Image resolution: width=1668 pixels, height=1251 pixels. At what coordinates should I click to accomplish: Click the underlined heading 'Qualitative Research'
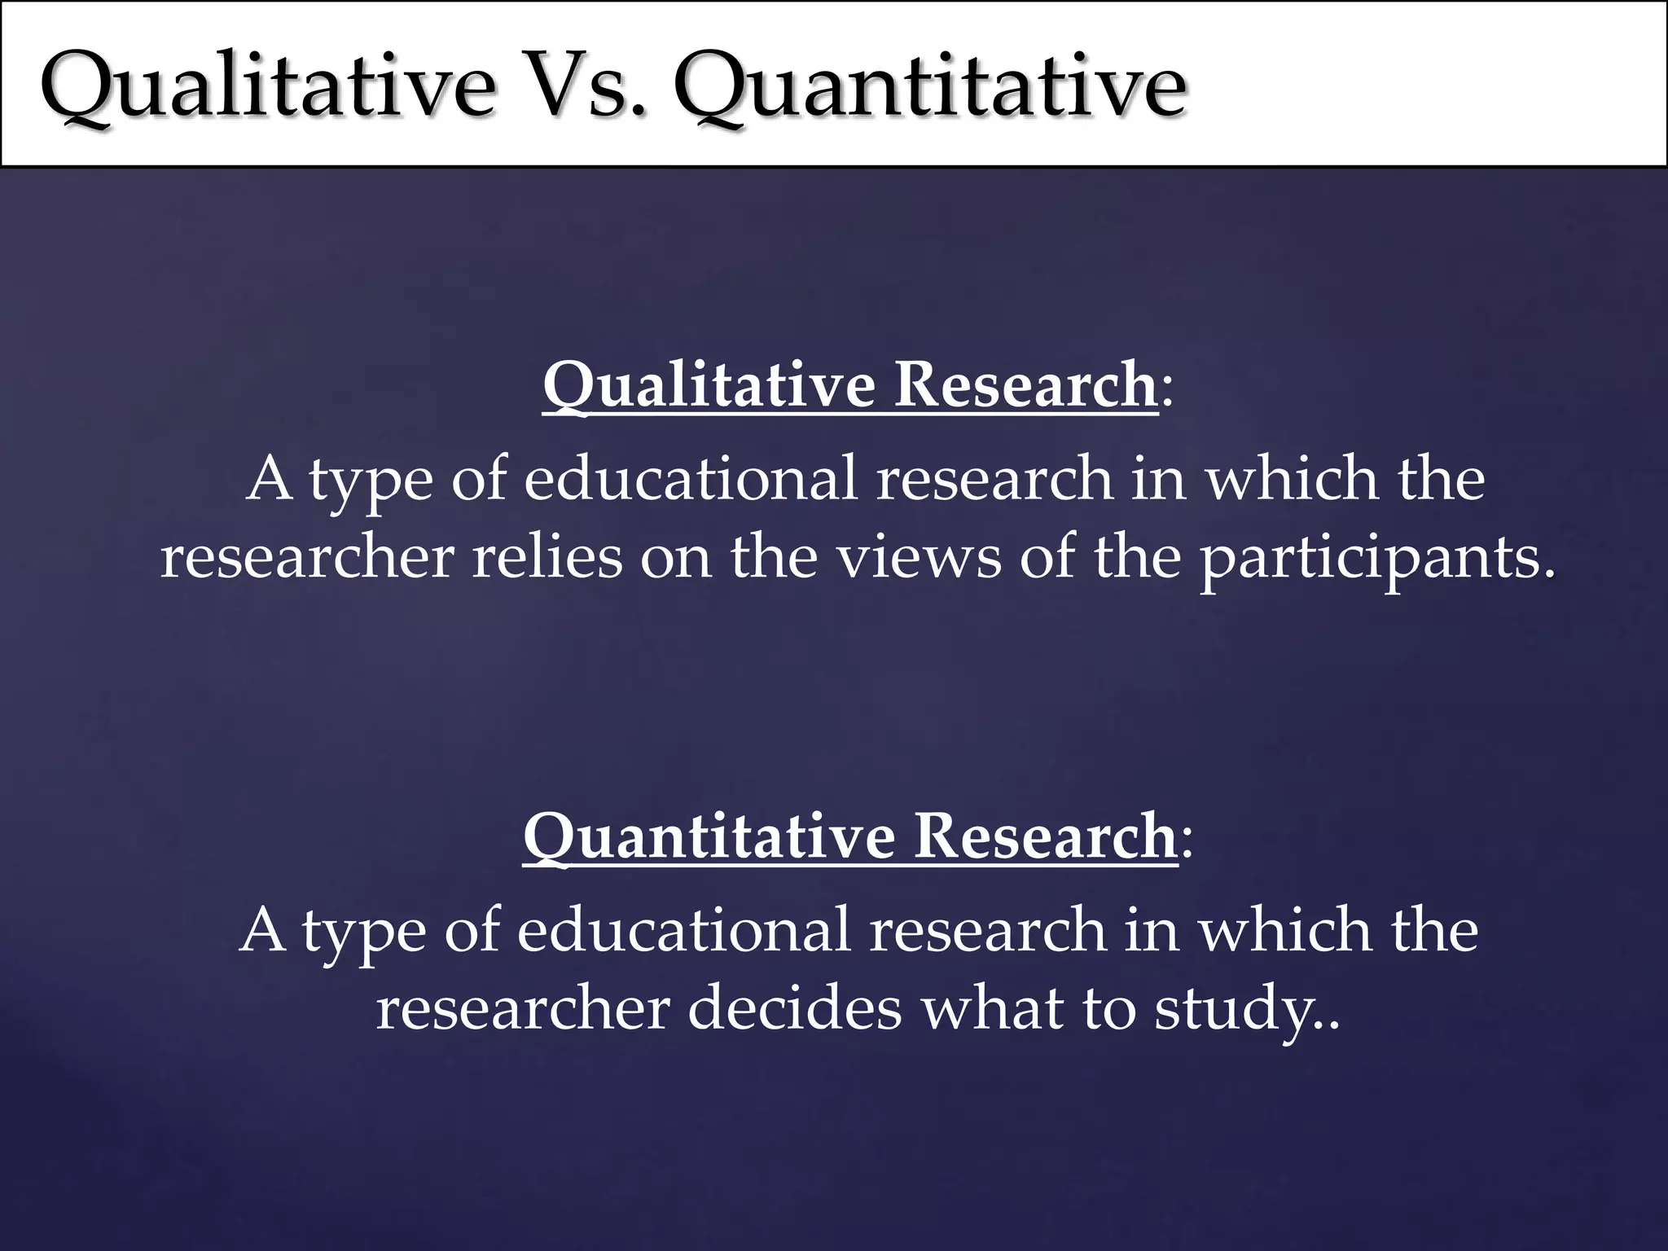coord(849,384)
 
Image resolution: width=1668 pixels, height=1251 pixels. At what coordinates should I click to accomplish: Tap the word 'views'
coord(920,558)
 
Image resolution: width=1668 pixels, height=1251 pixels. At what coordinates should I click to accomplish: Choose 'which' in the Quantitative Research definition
coord(1286,929)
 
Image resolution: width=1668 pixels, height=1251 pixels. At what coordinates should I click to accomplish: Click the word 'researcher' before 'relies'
coord(306,558)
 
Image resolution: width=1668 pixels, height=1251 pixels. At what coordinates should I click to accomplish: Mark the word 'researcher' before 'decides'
coord(522,1008)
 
